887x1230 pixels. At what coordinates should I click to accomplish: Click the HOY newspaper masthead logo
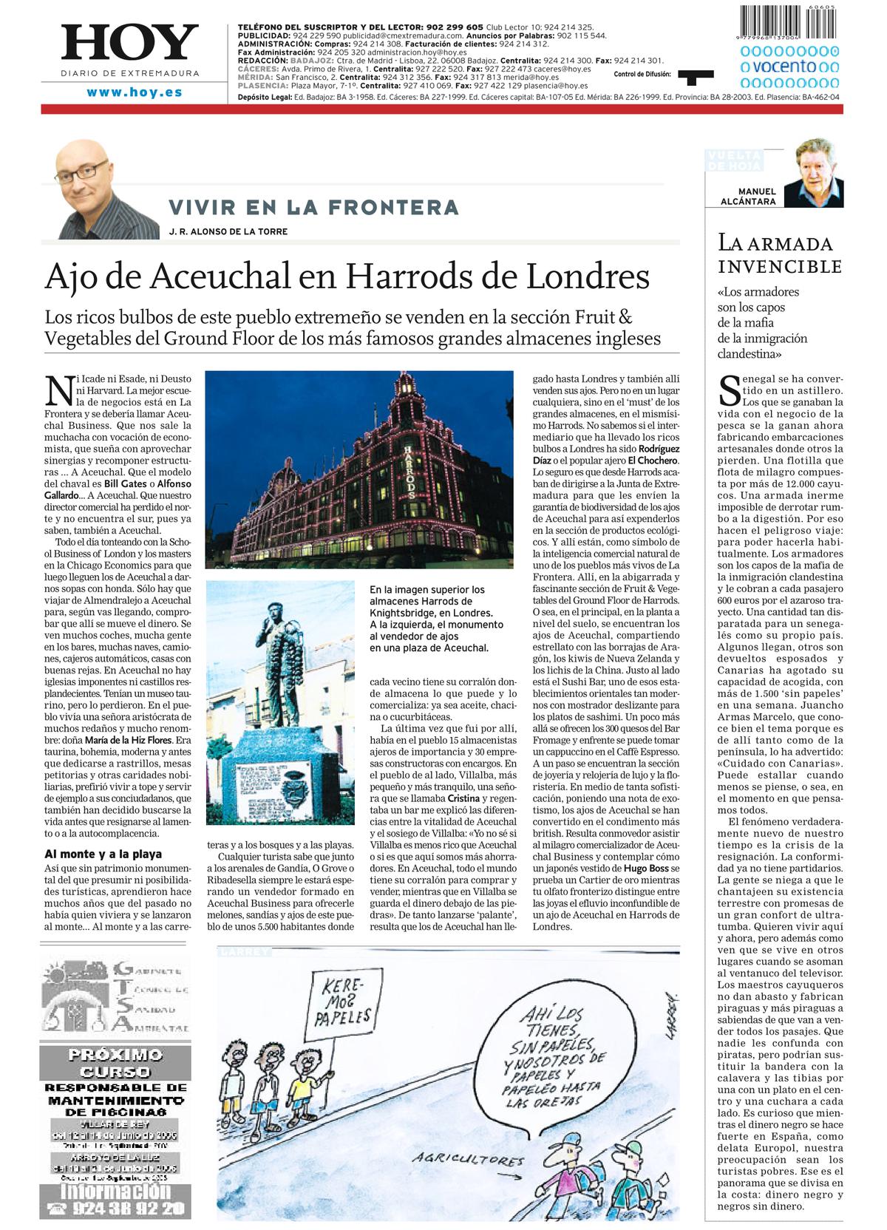(x=130, y=43)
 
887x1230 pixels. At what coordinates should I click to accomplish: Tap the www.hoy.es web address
(x=135, y=92)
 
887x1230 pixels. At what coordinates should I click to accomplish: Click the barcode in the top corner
(x=789, y=22)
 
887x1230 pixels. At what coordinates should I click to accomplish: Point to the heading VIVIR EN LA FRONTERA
(x=313, y=207)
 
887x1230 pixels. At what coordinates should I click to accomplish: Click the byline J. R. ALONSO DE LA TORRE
(x=228, y=231)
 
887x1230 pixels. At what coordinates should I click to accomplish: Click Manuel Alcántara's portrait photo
(x=813, y=174)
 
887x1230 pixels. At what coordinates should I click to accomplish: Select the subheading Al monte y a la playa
(x=103, y=854)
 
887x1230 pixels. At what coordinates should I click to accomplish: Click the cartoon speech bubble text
(x=550, y=1057)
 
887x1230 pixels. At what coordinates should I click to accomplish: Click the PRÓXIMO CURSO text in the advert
(x=115, y=1063)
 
